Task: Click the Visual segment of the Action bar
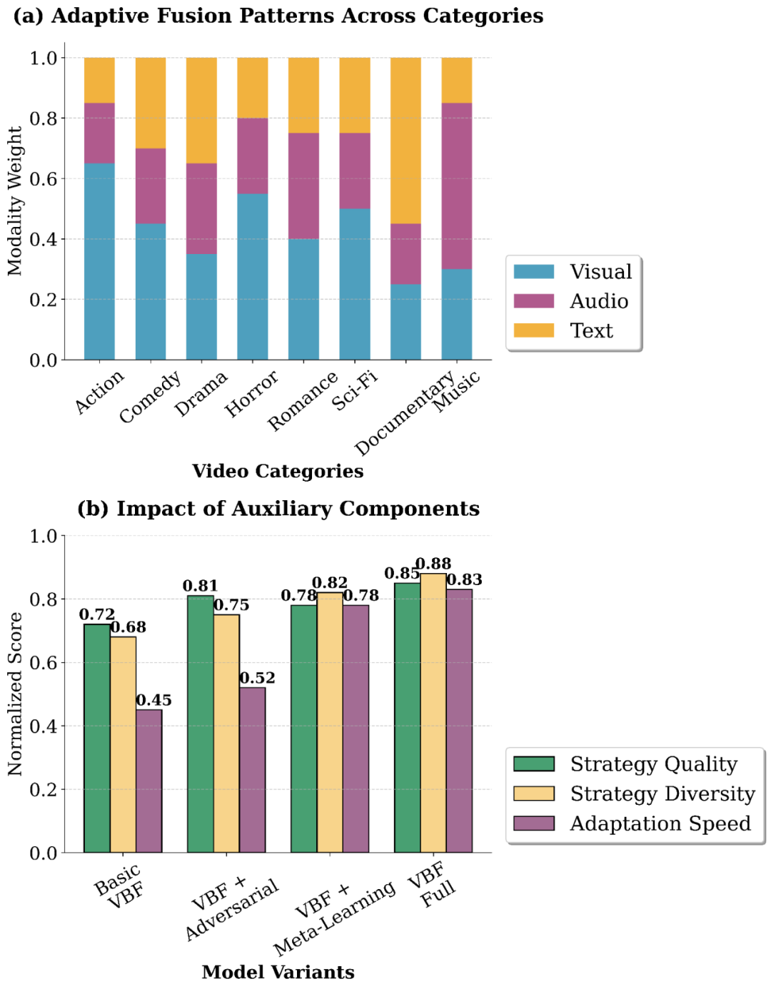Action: point(99,261)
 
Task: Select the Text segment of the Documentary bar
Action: point(405,141)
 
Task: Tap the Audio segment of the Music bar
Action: point(457,186)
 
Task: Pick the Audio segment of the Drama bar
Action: point(201,208)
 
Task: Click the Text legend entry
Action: point(591,331)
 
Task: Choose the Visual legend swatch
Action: point(533,272)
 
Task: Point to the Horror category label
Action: point(251,394)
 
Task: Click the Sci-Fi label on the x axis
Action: point(355,390)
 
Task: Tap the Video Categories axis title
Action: point(278,472)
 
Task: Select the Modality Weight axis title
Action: point(16,201)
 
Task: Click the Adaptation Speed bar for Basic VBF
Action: point(149,781)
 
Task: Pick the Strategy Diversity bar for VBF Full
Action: point(433,713)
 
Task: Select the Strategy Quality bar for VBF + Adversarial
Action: point(201,724)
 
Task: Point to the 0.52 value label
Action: point(257,678)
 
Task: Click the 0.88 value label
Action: point(433,564)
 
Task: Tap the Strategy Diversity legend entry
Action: point(662,794)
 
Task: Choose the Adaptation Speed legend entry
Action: point(660,824)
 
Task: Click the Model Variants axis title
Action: point(278,973)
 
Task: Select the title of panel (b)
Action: point(278,509)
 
